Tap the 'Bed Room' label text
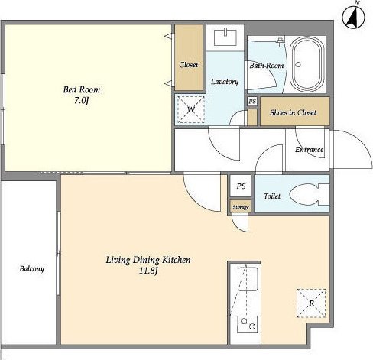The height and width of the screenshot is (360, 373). [x=82, y=89]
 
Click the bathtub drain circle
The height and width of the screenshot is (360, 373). [x=298, y=65]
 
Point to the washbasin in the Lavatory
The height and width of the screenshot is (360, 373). [x=225, y=37]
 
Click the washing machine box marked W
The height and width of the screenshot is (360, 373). [x=191, y=109]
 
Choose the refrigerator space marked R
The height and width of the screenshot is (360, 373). [x=311, y=303]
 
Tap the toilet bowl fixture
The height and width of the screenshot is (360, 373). [x=309, y=194]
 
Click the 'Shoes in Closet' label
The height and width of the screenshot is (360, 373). [x=293, y=112]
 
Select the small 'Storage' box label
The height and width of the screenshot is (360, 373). [x=241, y=207]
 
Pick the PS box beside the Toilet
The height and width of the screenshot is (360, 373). [x=241, y=186]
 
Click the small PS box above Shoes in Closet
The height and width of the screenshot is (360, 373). [x=252, y=102]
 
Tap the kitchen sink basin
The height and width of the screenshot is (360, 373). [x=248, y=279]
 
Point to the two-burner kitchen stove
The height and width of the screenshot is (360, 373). [x=247, y=324]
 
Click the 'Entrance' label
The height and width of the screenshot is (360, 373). [x=310, y=150]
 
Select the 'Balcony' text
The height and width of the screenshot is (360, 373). [x=32, y=269]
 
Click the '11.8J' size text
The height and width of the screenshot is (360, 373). [x=148, y=271]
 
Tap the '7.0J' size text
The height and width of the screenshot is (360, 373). [x=82, y=101]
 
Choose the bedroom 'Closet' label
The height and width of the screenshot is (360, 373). [x=189, y=65]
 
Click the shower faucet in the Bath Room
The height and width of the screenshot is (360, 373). [x=281, y=42]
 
